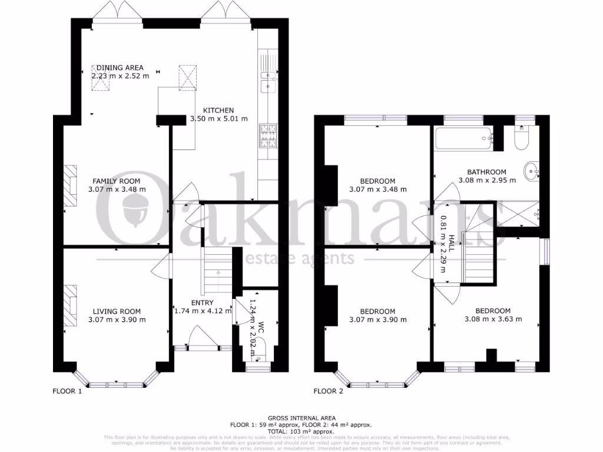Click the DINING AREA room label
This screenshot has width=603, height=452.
pos(120,68)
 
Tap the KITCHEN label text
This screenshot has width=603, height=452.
pos(218,110)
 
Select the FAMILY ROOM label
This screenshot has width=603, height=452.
pos(116,181)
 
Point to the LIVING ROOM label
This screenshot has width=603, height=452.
pos(116,311)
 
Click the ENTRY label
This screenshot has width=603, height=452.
pos(201,303)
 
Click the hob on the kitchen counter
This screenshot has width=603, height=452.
pos(269,136)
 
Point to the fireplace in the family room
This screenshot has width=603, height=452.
pos(69,185)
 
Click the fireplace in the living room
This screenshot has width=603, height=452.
pos(69,304)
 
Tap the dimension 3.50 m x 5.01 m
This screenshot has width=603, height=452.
pos(218,119)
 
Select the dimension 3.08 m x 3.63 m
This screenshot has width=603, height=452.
pos(493,320)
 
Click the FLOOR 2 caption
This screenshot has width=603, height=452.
pos(328,391)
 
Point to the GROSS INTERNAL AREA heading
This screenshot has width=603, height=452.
pos(301,418)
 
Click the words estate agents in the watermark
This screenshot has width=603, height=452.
pos(299,258)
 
